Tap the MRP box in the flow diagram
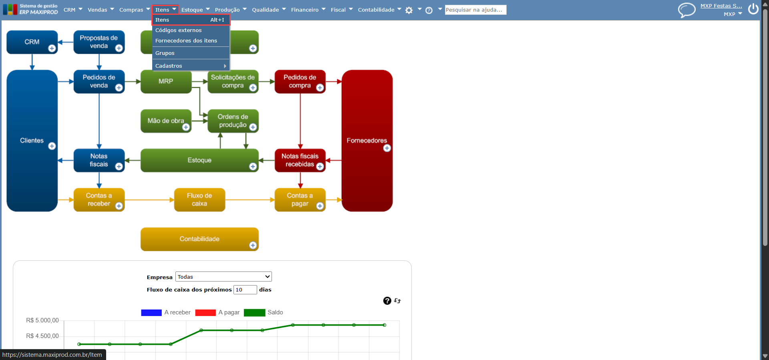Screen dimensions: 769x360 166,81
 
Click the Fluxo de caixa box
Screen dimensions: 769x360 199,199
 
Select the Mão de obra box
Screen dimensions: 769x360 166,121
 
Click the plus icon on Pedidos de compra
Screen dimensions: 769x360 320,88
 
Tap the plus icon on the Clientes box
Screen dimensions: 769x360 52,146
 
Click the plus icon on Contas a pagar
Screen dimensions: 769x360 320,206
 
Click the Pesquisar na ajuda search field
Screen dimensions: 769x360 475,10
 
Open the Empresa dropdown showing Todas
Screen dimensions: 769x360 223,277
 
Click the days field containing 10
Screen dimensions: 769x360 245,290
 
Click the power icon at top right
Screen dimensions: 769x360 753,9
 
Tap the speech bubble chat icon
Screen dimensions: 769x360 686,10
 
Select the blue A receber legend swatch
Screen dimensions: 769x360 151,312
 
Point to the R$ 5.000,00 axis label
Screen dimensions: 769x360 42,320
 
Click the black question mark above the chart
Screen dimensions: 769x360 387,301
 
